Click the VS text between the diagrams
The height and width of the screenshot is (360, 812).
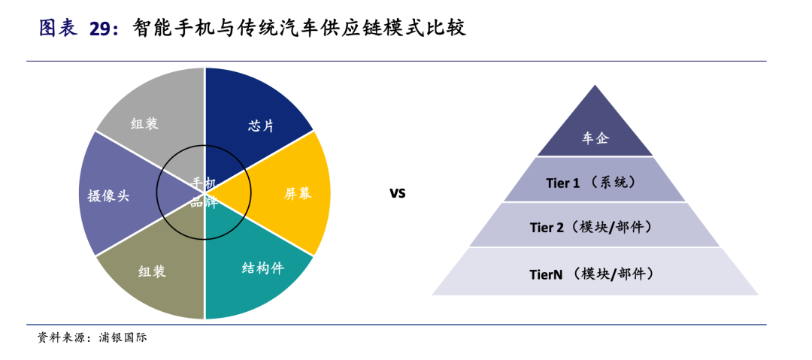(397, 193)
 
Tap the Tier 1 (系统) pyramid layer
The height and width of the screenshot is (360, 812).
(594, 182)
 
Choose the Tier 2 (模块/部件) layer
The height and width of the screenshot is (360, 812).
(594, 226)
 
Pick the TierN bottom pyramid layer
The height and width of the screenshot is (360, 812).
(594, 274)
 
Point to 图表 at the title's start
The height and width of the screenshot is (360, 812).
(58, 29)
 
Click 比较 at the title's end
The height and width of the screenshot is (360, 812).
(447, 29)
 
